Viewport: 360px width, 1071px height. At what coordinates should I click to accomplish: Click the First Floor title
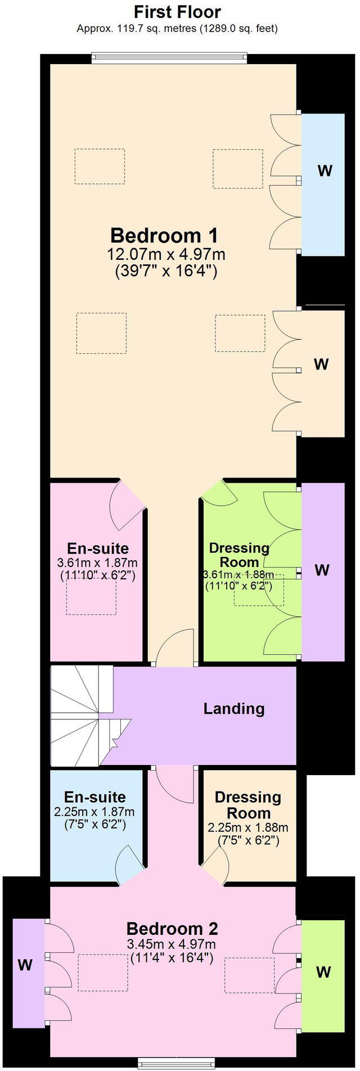177,12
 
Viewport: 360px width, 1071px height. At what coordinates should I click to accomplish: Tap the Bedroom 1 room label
164,235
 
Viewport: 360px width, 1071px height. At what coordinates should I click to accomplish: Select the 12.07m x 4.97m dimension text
166,254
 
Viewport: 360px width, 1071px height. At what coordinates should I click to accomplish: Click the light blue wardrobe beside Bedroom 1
323,184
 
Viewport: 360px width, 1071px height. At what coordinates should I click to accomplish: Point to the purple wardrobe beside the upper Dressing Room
323,571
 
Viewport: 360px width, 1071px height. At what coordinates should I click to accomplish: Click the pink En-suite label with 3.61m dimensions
97,548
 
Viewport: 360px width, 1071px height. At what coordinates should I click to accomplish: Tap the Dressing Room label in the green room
238,555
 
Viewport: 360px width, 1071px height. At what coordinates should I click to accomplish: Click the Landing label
233,708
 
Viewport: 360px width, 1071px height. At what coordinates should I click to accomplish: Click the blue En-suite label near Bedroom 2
94,797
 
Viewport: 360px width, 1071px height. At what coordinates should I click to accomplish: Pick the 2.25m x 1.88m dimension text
247,827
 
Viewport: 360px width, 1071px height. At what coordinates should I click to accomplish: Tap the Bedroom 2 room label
172,928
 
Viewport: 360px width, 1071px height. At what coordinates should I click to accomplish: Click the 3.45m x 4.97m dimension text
172,944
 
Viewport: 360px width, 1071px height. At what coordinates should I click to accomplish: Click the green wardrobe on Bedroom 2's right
323,971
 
